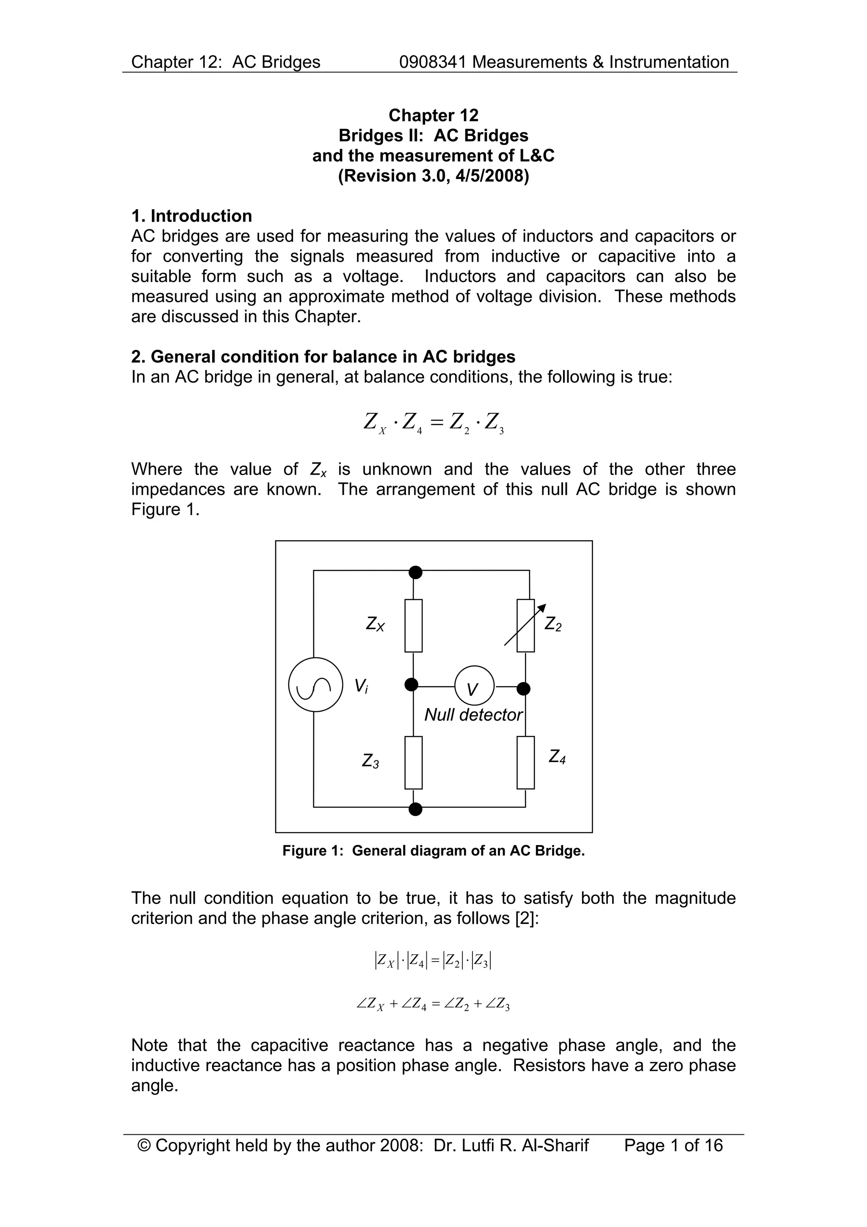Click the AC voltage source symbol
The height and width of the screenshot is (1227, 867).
tap(315, 685)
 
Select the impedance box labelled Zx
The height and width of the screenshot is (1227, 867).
tap(414, 625)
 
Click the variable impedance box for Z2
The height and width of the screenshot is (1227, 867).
tap(526, 625)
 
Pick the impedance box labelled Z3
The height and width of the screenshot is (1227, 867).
tap(414, 763)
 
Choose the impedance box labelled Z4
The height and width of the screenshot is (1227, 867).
tap(526, 763)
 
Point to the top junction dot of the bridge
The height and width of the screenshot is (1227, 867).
tap(415, 572)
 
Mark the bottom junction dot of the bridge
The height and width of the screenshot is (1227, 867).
tap(415, 809)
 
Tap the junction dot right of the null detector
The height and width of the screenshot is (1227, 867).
tap(524, 688)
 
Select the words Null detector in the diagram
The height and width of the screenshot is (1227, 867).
tap(473, 715)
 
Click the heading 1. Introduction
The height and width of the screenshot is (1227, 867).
tap(191, 216)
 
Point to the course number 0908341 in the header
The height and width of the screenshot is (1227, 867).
tap(433, 62)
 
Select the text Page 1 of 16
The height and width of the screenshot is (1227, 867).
tap(673, 1145)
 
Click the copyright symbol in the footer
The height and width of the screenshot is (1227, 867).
tap(144, 1145)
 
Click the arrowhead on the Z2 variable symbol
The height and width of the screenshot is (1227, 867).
tap(542, 607)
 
